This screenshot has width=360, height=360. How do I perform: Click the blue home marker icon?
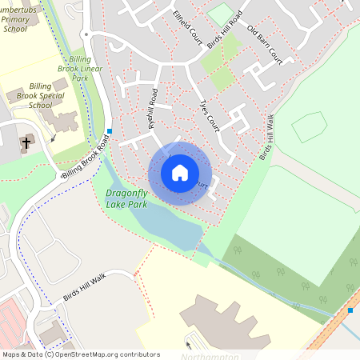coord(180,173)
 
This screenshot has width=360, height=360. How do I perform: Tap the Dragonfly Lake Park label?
coord(127,198)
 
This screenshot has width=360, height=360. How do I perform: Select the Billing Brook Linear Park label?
coord(90,69)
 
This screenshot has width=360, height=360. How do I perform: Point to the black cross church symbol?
coord(26,143)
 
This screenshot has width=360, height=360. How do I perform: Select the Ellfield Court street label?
coord(187,27)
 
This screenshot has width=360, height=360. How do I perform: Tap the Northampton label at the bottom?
coord(210,355)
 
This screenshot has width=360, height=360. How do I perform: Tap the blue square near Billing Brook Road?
coord(110,130)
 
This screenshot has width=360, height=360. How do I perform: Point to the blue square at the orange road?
coord(350,310)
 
